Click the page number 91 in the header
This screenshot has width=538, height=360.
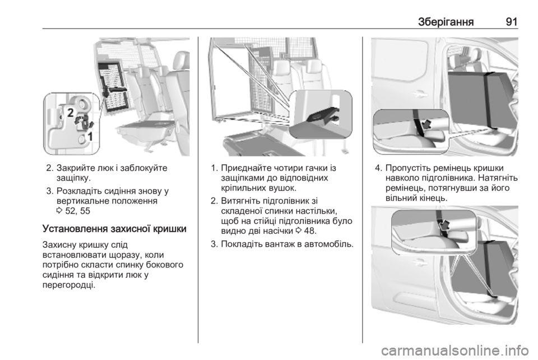coord(511,22)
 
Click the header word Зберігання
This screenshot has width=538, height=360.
coord(446,22)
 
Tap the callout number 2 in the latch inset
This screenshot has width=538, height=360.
coord(71,113)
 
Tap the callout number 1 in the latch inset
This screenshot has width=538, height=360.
coord(90,137)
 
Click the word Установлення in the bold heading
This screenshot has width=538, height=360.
coord(76,229)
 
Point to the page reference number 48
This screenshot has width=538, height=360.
coord(309,230)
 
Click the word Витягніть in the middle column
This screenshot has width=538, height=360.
coord(239,200)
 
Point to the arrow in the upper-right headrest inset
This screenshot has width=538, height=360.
coord(426,124)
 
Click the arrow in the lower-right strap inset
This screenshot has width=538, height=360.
coord(444,225)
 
